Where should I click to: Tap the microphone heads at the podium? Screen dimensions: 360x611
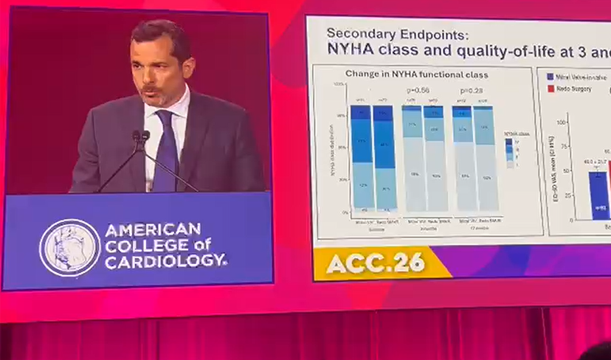[140, 136]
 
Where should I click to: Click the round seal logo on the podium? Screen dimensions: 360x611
[69, 247]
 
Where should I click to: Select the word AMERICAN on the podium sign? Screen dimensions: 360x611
[153, 230]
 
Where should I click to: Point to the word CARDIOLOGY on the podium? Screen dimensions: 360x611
[165, 260]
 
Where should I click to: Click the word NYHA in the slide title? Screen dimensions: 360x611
[351, 50]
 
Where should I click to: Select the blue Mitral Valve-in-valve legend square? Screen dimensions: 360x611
[550, 77]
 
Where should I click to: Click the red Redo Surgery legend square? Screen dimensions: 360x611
[550, 88]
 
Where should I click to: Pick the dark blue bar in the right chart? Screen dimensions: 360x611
[598, 196]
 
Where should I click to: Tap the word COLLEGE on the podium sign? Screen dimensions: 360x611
[141, 245]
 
